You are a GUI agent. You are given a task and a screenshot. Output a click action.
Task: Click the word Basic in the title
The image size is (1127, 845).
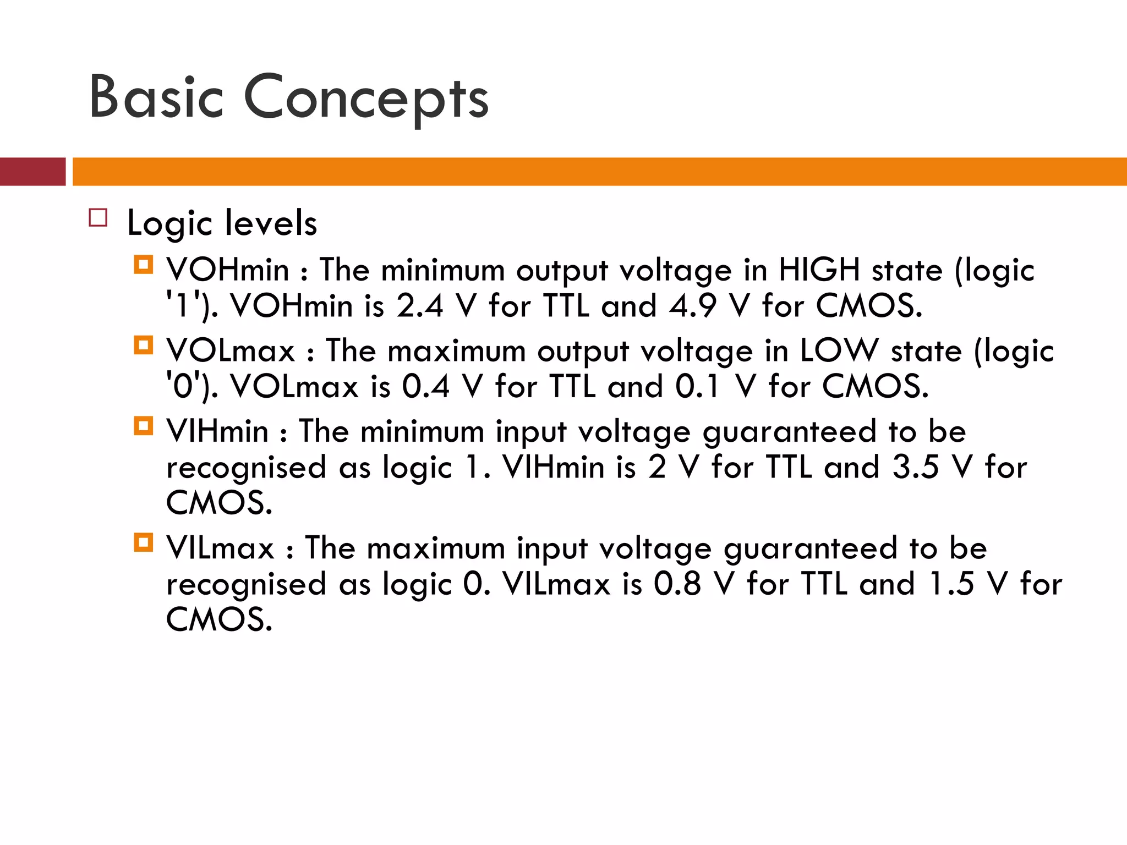point(156,98)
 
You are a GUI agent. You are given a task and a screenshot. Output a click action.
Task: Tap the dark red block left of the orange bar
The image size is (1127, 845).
point(32,172)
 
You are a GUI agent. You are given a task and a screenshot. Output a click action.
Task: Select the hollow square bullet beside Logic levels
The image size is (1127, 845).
point(98,218)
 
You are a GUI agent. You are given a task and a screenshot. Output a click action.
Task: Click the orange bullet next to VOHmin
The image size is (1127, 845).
point(144,265)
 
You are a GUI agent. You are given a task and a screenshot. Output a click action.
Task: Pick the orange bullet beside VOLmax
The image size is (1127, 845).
point(144,345)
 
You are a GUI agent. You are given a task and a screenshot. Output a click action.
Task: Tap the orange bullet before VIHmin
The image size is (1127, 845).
point(144,426)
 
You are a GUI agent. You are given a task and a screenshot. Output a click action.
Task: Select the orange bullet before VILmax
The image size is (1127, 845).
point(144,543)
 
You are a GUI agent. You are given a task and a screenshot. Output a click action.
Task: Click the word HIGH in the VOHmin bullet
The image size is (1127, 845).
point(819,270)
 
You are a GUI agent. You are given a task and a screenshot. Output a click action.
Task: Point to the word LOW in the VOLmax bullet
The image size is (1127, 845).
point(839,350)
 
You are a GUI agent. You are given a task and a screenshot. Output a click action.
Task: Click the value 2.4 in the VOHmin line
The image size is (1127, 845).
point(419,306)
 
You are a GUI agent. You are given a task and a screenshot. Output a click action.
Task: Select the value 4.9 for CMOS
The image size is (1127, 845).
point(692,306)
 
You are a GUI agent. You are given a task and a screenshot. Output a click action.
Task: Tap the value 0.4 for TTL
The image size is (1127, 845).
point(425,386)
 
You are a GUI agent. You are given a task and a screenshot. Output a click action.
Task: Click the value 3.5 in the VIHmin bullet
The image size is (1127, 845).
point(915,467)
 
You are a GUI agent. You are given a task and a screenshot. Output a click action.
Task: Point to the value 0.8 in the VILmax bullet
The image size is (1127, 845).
point(677,584)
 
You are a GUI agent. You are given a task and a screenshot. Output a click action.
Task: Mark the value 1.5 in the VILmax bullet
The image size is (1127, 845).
point(951,584)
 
